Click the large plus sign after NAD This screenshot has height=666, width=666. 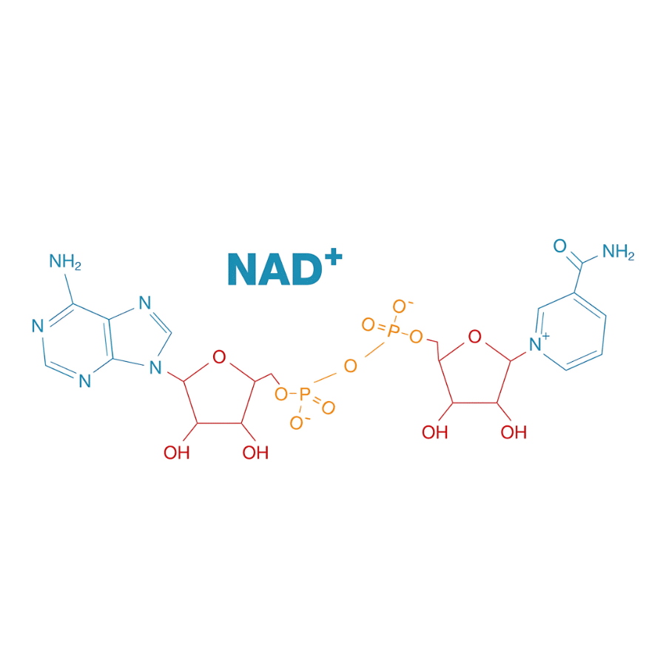point(332,260)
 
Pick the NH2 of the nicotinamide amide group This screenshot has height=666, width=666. point(618,252)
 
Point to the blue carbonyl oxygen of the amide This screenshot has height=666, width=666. point(559,246)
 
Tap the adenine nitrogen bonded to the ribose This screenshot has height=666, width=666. point(155,366)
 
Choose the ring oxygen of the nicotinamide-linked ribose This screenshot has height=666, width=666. point(475,338)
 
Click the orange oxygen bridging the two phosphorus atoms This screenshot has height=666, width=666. point(350,365)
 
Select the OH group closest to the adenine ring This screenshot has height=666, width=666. point(176,452)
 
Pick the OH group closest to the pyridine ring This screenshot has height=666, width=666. point(514,432)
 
